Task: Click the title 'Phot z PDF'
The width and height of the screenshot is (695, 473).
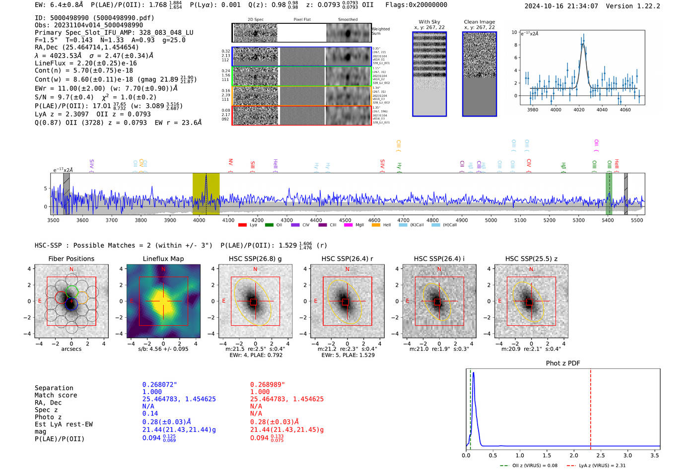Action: point(562,363)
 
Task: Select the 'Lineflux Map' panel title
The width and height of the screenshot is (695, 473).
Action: point(163,259)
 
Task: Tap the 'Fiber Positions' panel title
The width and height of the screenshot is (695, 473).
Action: point(71,259)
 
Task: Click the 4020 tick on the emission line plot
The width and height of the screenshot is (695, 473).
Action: point(579,110)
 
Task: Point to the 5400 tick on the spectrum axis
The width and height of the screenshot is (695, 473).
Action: point(608,220)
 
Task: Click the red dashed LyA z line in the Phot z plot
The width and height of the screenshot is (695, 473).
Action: point(590,407)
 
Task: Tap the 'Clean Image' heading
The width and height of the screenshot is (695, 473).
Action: point(479,22)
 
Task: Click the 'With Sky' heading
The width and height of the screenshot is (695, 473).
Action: point(429,22)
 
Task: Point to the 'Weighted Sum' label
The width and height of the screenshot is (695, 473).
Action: point(381,31)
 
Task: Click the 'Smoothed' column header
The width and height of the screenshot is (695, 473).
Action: point(347,20)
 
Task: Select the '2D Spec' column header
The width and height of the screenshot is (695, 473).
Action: point(255,20)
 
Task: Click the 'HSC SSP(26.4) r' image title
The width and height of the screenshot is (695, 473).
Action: point(347,259)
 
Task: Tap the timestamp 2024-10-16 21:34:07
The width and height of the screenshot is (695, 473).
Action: point(561,6)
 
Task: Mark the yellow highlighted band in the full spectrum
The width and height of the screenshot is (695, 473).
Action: point(206,194)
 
